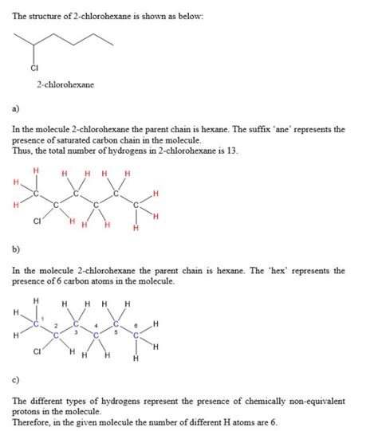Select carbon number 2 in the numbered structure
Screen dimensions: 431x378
(x=56, y=335)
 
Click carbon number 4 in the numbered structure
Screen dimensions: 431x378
(x=96, y=335)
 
